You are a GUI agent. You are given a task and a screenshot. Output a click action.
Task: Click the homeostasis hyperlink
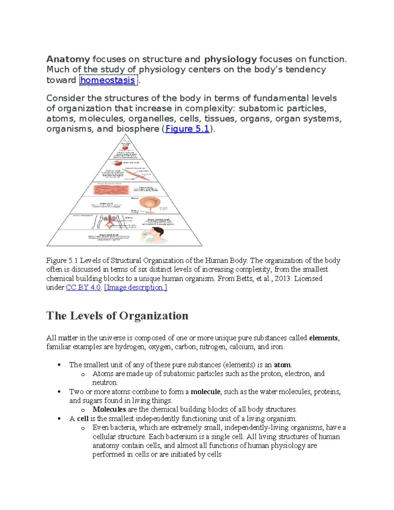107,80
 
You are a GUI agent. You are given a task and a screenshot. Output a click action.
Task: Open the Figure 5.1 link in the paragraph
187,129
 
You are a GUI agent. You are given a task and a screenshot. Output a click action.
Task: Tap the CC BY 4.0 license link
83,287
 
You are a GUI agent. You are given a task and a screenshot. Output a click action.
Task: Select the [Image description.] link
135,287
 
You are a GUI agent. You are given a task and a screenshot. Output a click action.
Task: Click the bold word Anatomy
68,59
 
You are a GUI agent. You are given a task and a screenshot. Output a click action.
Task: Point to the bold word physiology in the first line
230,59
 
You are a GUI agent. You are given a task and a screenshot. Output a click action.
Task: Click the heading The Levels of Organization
117,316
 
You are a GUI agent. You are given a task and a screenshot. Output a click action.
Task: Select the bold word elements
323,338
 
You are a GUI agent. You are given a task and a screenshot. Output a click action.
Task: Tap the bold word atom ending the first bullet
282,365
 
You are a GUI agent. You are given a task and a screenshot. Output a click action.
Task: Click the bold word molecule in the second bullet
205,392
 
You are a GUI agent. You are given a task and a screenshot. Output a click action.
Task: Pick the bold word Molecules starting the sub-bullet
109,410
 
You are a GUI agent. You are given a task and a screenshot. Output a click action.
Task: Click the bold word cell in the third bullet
83,419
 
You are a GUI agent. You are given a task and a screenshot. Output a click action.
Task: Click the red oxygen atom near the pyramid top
125,148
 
